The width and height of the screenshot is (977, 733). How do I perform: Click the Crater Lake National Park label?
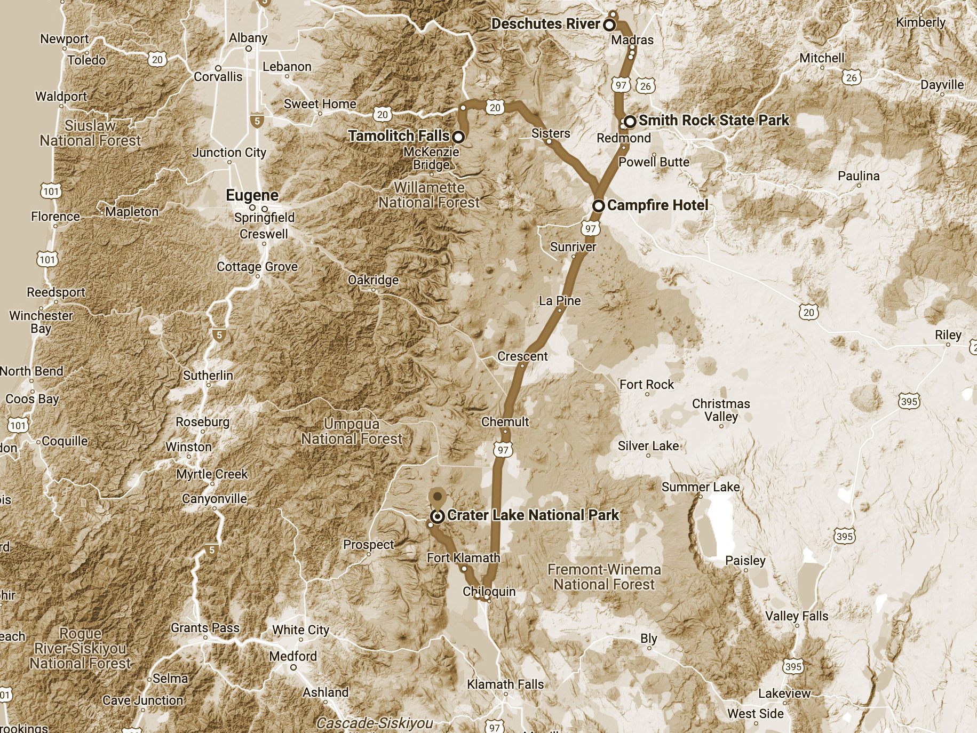coord(533,515)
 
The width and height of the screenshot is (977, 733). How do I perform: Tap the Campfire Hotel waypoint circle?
coord(599,205)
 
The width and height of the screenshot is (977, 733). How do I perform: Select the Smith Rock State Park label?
coord(713,121)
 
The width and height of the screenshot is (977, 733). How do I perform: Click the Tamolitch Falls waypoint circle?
coord(458,137)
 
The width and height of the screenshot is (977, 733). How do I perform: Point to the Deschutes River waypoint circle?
coord(609,25)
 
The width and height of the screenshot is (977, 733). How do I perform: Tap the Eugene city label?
coord(252,195)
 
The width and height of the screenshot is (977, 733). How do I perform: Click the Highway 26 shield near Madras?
coord(646,86)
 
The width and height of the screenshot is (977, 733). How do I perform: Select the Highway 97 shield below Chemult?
coord(503,450)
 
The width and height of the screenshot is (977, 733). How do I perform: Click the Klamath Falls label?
coord(505,684)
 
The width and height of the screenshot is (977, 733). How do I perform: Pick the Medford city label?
coord(292,656)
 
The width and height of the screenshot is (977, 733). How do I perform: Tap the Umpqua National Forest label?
coord(352,432)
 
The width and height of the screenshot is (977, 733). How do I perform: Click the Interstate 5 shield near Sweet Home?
coord(257,121)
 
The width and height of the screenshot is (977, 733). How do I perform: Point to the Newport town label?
coord(65,39)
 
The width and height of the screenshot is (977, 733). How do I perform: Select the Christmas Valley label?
coord(721,410)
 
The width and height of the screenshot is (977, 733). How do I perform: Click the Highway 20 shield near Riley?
coord(809,313)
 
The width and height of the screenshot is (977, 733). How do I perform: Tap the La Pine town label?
coord(560,301)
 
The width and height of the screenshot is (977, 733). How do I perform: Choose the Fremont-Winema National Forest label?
coord(604,577)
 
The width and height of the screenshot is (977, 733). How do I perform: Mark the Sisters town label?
coord(551,133)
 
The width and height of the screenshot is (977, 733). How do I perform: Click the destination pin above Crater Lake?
coord(438,497)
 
